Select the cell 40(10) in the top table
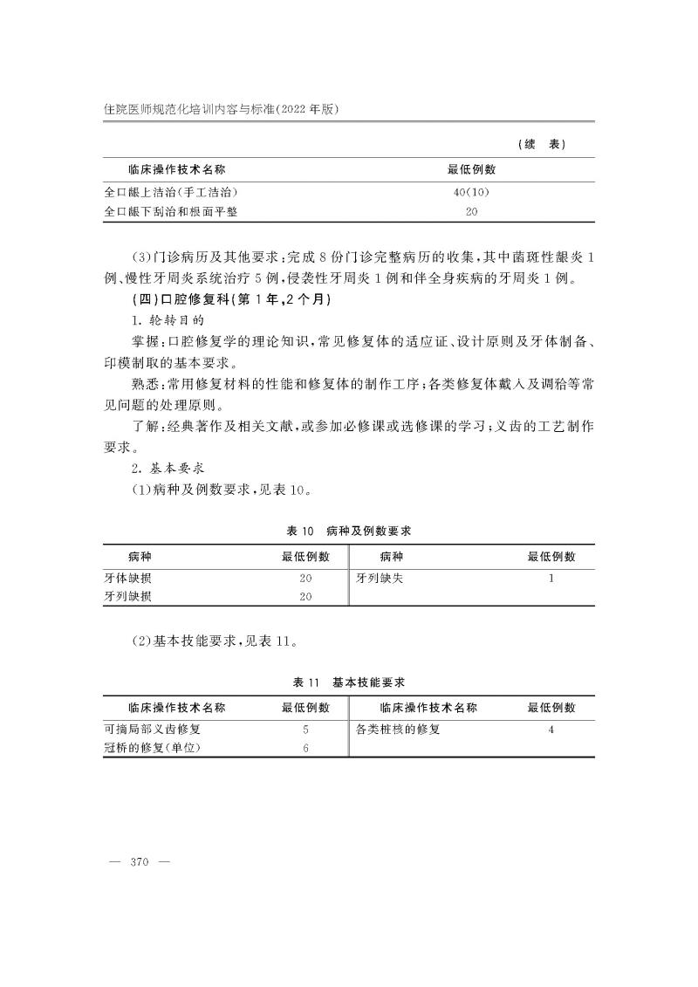pos(471,191)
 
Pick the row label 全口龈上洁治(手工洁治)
pos(171,191)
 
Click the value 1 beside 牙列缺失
pos(551,578)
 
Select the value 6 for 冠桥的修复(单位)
pos(305,748)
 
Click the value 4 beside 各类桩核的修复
pos(551,728)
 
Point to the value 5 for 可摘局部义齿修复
pos(305,728)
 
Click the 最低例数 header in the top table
pos(471,169)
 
